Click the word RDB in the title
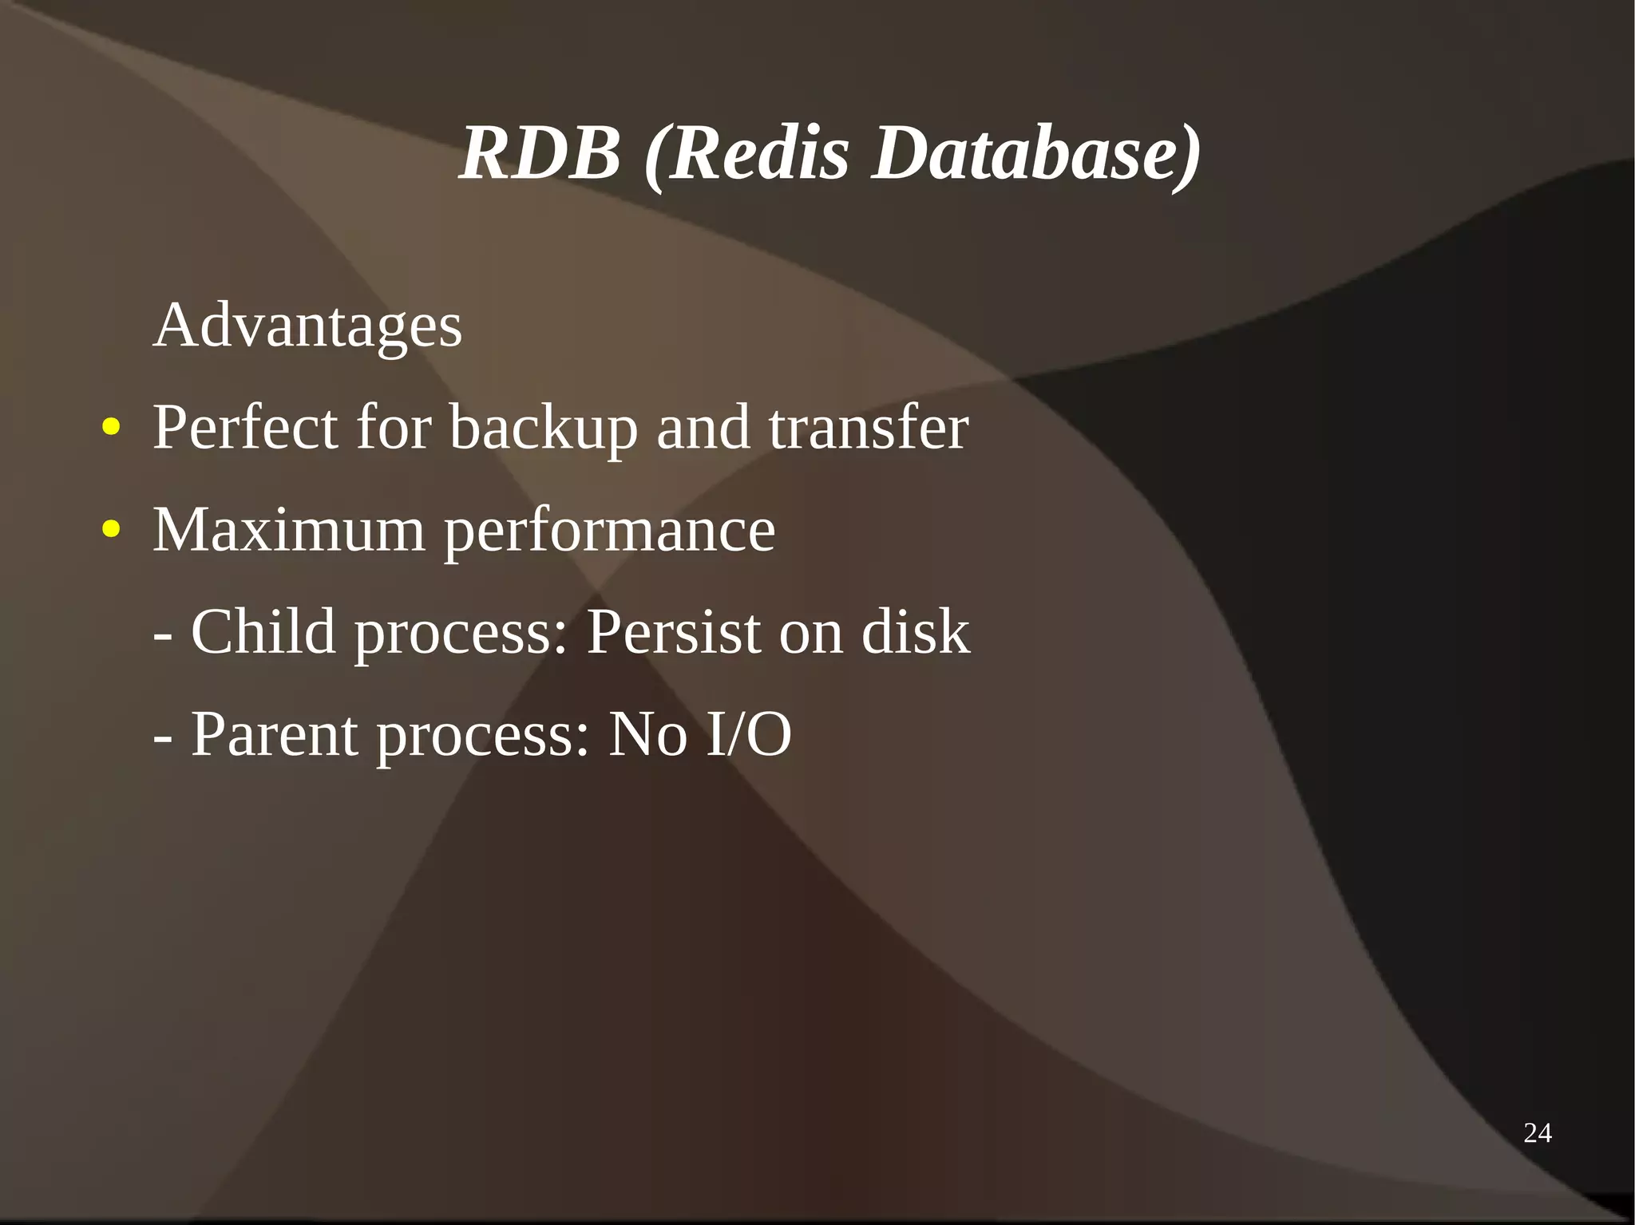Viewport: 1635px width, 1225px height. [540, 153]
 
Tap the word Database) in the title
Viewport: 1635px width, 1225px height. [1035, 153]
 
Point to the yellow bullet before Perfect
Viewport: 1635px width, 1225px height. [111, 427]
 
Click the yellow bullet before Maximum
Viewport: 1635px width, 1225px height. [111, 528]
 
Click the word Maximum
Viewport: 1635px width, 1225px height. [289, 530]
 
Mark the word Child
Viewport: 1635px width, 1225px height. [263, 631]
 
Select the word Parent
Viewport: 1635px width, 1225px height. [274, 733]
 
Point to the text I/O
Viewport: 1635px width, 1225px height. [749, 733]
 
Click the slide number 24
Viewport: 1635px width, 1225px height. [1537, 1132]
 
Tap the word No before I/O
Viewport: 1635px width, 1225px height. [647, 733]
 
